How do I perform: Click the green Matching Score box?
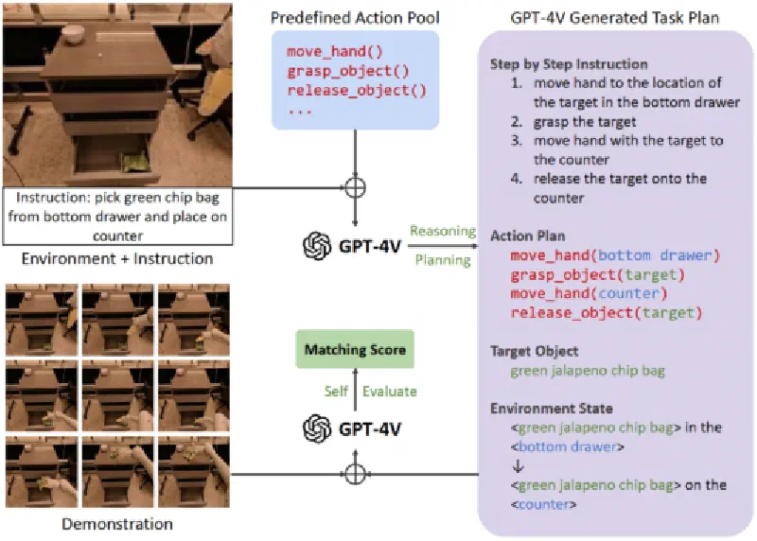click(x=355, y=350)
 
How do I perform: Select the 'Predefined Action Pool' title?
click(x=354, y=17)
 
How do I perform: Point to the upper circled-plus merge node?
click(x=355, y=186)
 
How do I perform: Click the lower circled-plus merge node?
click(x=355, y=472)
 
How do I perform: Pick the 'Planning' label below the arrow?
click(x=439, y=258)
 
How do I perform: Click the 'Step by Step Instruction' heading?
click(x=569, y=64)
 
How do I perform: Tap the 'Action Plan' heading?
click(x=527, y=236)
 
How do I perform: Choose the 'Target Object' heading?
click(x=533, y=350)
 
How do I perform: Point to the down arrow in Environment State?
click(x=516, y=466)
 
